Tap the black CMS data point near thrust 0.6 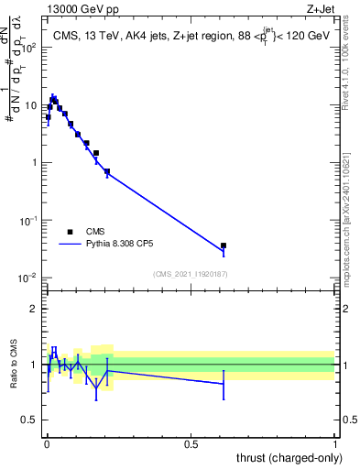point(224,245)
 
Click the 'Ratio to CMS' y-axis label point(15,365)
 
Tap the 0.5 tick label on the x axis point(191,442)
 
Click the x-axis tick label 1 point(336,442)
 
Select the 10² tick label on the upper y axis point(29,47)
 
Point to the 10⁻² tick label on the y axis point(29,278)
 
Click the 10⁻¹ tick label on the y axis point(29,221)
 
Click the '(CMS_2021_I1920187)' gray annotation point(190,274)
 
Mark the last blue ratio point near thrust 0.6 point(224,384)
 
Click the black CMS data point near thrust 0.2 point(107,171)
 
